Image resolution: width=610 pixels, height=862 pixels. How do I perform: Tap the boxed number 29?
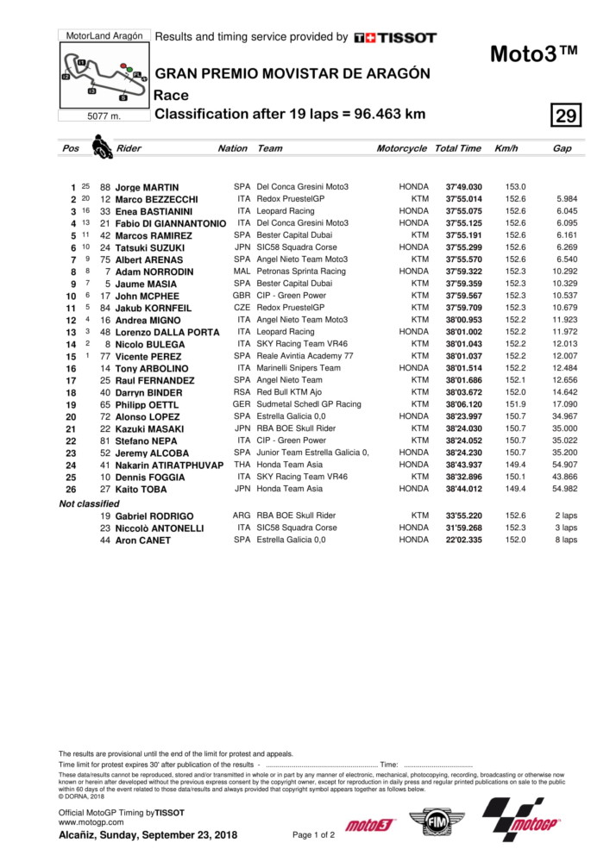point(567,116)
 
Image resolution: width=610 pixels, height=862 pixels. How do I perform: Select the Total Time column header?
point(458,148)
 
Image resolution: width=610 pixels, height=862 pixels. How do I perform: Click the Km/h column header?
point(506,148)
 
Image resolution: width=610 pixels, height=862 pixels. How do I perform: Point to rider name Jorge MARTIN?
point(148,187)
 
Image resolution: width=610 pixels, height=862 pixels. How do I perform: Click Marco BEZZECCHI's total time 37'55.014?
point(463,199)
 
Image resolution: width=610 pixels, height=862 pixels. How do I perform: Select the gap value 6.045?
point(567,211)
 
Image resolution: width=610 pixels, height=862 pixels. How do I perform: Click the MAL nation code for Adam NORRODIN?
point(242,272)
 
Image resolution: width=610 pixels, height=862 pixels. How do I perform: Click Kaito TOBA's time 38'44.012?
point(463,489)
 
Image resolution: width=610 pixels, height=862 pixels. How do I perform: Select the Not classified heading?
point(89,503)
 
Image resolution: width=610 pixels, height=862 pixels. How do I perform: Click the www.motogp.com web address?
point(88,822)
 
